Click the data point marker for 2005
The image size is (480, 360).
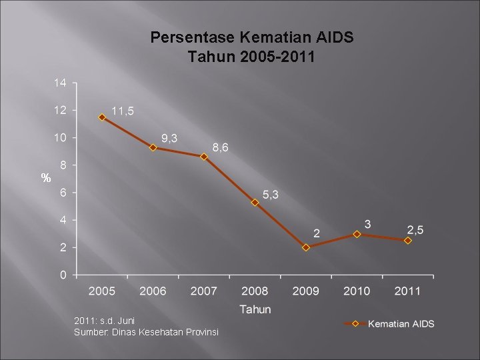coord(102,117)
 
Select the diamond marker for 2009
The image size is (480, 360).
coord(306,247)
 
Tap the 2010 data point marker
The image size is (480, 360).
coord(357,234)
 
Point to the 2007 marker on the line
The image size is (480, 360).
coord(204,157)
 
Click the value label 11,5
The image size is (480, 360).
coord(123,111)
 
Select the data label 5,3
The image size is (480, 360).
coord(271,195)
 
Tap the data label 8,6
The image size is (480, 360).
coord(221,147)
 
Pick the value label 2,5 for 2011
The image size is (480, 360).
coord(415,230)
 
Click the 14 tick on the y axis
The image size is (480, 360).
coord(60,83)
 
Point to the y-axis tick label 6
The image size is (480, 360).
coord(63,193)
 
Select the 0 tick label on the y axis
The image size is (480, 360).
coord(63,275)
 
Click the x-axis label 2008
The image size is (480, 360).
coord(255,291)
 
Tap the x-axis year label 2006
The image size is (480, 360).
coord(153,291)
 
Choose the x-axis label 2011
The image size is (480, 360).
coord(407,291)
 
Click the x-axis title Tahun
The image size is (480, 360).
coord(255,309)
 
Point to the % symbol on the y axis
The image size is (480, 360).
coord(46,177)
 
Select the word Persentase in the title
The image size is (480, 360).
coord(193,37)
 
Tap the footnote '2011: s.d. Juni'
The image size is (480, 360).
coord(105,321)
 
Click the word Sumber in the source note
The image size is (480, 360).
coord(91,332)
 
